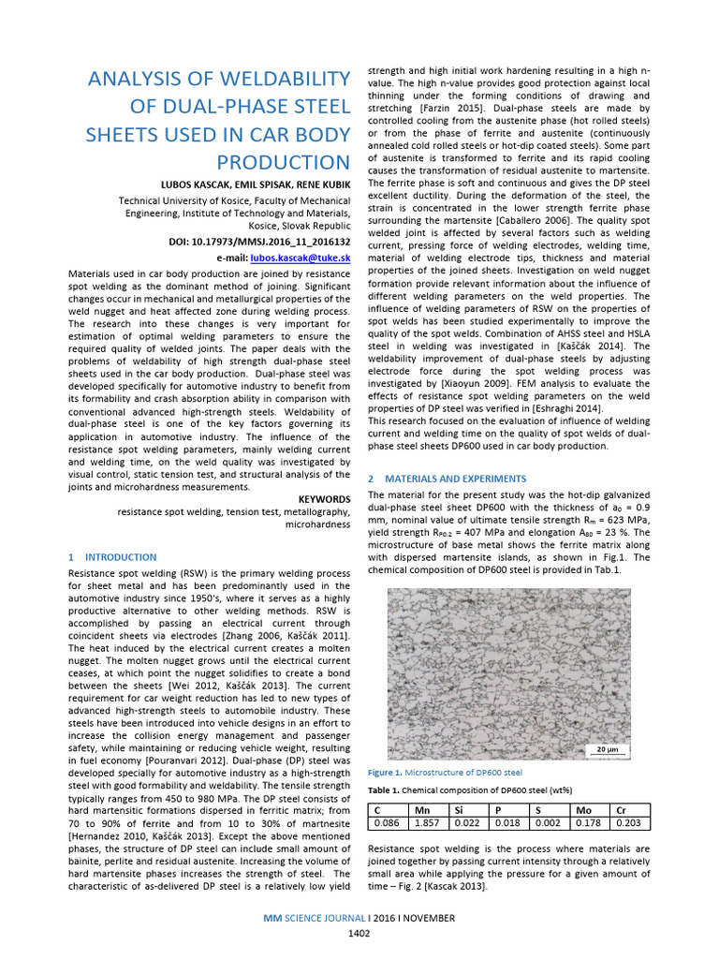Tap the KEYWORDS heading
coord(324,498)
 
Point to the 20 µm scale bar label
coord(606,749)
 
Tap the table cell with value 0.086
coord(387,823)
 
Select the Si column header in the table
coord(459,810)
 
